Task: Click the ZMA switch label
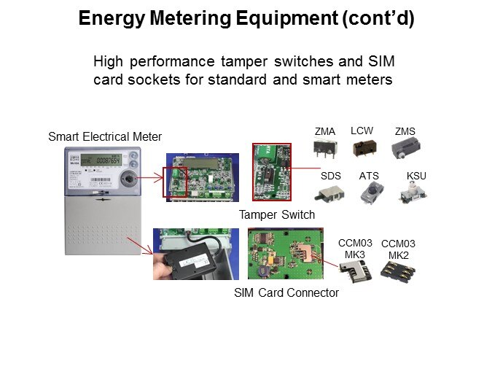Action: tap(324, 131)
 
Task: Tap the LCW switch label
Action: tap(362, 131)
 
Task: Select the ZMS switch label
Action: tap(405, 131)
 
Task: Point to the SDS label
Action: tap(330, 176)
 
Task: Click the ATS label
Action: tap(369, 176)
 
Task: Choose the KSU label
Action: tap(416, 176)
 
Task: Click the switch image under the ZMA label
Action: tap(322, 149)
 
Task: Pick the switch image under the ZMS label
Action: tap(404, 149)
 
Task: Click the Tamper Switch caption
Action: tap(277, 214)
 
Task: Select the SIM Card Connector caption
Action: tap(286, 292)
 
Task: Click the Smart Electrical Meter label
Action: tap(105, 136)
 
